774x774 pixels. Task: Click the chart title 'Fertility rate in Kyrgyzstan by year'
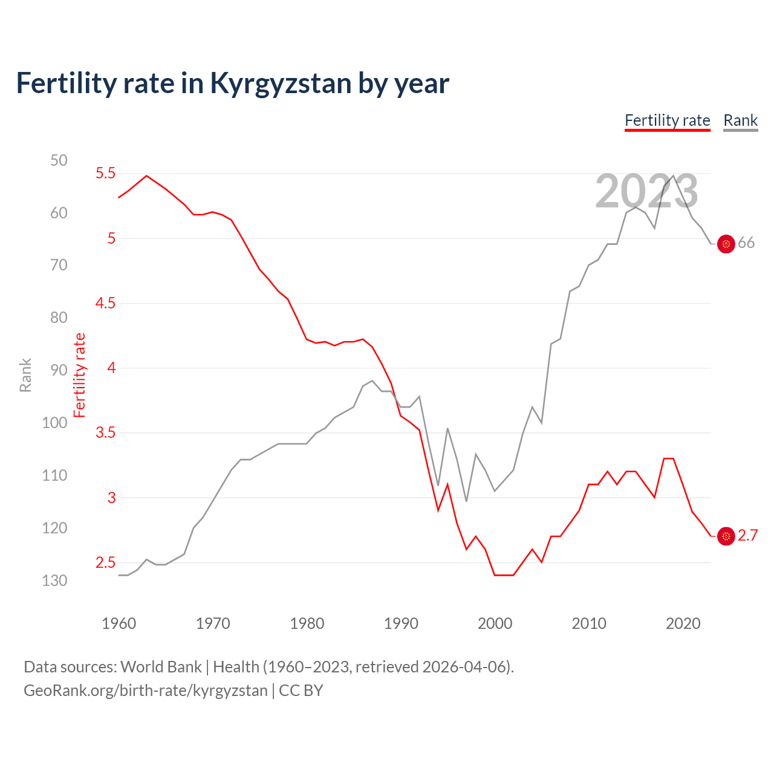pyautogui.click(x=232, y=83)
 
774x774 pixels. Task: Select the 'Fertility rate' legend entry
pyautogui.click(x=667, y=120)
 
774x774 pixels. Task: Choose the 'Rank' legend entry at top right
pyautogui.click(x=740, y=120)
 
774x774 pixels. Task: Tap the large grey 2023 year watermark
pyautogui.click(x=646, y=192)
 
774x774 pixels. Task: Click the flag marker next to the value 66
pyautogui.click(x=726, y=244)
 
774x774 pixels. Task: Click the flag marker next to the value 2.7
pyautogui.click(x=726, y=536)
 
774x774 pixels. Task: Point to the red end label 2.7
pyautogui.click(x=747, y=536)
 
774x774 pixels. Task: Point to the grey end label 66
pyautogui.click(x=746, y=243)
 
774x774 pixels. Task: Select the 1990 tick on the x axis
pyautogui.click(x=401, y=623)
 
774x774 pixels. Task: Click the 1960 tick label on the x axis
pyautogui.click(x=119, y=623)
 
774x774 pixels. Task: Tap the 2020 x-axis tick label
pyautogui.click(x=683, y=623)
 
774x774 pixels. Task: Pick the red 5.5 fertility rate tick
pyautogui.click(x=105, y=174)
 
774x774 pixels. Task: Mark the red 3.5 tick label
pyautogui.click(x=105, y=433)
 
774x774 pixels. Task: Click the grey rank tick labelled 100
pyautogui.click(x=54, y=423)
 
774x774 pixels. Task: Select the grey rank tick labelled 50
pyautogui.click(x=59, y=160)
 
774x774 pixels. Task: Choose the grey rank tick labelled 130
pyautogui.click(x=54, y=580)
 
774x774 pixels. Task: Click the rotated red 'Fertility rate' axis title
pyautogui.click(x=80, y=375)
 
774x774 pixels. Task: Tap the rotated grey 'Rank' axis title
pyautogui.click(x=25, y=375)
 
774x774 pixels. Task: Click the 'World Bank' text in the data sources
pyautogui.click(x=161, y=667)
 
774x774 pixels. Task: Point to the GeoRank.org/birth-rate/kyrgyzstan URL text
pyautogui.click(x=145, y=691)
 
